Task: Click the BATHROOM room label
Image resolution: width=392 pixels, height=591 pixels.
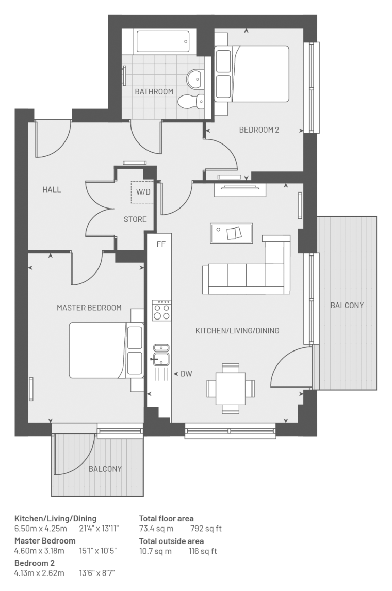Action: [154, 91]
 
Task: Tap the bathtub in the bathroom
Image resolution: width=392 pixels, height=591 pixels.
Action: [163, 41]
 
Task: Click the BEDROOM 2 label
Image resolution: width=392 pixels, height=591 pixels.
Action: [259, 130]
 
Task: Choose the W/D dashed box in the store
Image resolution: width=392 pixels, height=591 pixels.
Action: [142, 192]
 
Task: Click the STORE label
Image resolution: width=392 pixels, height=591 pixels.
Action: [135, 219]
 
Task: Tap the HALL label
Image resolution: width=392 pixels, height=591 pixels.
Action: [52, 189]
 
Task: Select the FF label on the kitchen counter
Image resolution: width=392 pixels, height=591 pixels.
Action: [161, 244]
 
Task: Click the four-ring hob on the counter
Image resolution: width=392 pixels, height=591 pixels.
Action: [161, 310]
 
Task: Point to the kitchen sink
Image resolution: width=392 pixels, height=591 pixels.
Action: [161, 356]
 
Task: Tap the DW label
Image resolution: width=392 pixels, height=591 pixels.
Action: [186, 374]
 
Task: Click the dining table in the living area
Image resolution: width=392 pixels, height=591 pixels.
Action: [231, 389]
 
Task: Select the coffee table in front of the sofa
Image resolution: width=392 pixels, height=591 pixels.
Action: [231, 233]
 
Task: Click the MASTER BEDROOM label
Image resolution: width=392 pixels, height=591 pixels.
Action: [89, 308]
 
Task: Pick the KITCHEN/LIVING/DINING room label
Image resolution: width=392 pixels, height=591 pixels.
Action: [237, 331]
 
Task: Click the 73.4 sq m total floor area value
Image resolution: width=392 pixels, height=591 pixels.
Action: [156, 529]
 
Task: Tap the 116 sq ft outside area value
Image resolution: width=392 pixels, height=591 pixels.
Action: [203, 551]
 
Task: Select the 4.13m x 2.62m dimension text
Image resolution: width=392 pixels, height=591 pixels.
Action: [39, 573]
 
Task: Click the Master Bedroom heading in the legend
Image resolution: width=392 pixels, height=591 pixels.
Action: [45, 541]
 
